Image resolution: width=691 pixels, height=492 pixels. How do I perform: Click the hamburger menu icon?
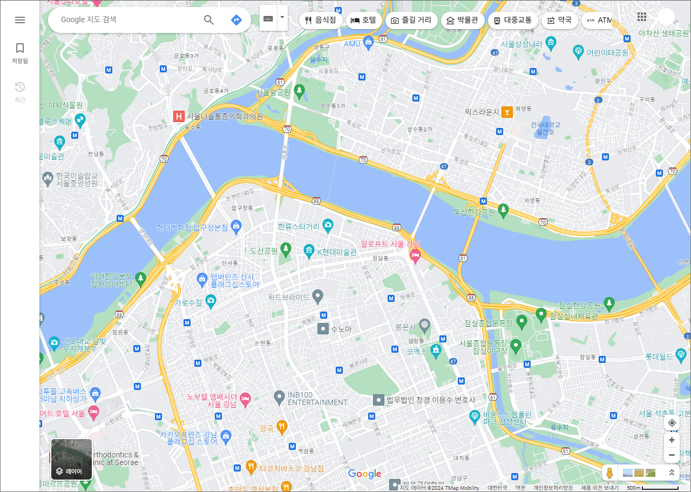click(x=20, y=20)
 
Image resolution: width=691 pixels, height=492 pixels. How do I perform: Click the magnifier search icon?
click(x=209, y=20)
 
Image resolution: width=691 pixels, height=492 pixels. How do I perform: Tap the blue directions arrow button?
click(x=236, y=20)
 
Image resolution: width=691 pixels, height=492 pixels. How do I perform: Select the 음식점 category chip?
click(x=321, y=21)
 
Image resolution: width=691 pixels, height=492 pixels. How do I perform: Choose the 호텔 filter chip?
click(x=363, y=21)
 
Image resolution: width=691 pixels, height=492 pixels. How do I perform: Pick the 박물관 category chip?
click(x=462, y=21)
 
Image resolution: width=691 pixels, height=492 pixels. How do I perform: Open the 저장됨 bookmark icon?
click(x=20, y=49)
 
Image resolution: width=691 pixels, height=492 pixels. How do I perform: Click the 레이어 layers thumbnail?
click(x=72, y=459)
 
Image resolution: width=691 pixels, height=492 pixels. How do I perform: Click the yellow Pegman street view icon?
click(x=609, y=473)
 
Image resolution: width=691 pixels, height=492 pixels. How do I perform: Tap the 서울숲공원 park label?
click(x=274, y=92)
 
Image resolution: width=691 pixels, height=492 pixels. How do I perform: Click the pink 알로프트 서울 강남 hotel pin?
click(x=415, y=255)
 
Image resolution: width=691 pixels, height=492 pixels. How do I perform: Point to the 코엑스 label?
click(x=417, y=351)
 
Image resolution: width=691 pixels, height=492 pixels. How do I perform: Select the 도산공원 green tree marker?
click(x=286, y=249)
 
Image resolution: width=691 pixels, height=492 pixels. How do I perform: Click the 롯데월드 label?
click(x=659, y=356)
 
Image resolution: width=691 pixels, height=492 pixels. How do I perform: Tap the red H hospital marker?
click(x=178, y=116)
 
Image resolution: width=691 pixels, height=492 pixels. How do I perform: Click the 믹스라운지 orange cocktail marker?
click(x=506, y=112)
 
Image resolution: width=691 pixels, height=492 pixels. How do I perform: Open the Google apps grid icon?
click(x=642, y=17)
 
